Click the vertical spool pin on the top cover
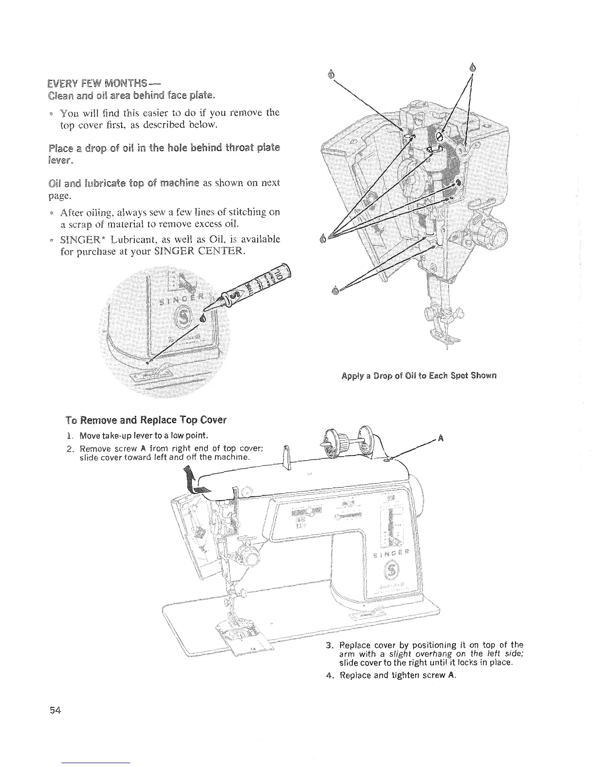point(286,458)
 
